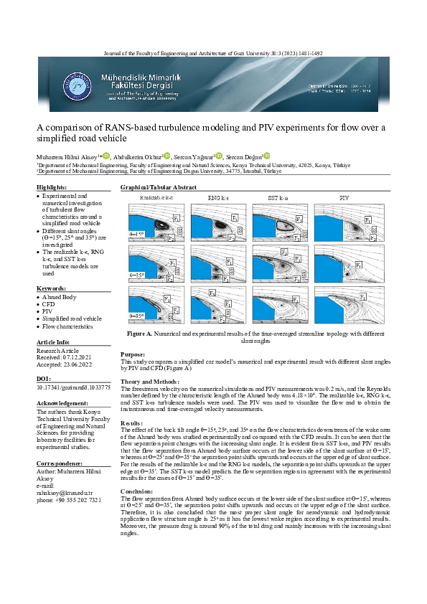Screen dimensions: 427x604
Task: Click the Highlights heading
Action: (x=52, y=187)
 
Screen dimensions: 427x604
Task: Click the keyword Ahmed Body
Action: (x=61, y=296)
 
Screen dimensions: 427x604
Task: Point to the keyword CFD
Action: (x=49, y=304)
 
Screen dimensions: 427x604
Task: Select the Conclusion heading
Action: (x=139, y=490)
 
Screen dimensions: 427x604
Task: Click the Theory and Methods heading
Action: (x=150, y=381)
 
